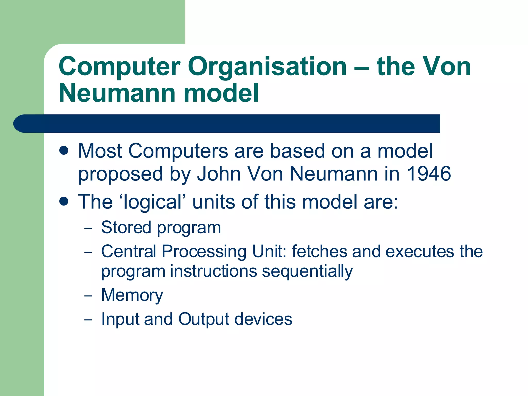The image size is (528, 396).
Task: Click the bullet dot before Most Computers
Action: tap(63, 150)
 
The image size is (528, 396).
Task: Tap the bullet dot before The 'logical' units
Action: tap(63, 201)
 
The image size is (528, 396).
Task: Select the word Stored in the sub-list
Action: tap(126, 227)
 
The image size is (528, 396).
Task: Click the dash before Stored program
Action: tap(88, 228)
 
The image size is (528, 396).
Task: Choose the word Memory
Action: tap(132, 295)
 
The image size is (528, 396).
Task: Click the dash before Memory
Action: tap(88, 296)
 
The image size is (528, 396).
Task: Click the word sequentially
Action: tap(307, 271)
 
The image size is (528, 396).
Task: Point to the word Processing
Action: tap(204, 252)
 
